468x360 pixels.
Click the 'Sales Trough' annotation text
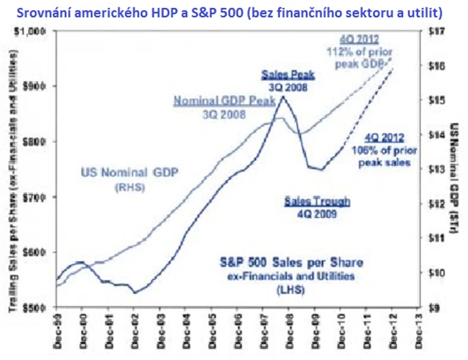point(317,200)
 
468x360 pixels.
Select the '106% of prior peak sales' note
point(384,150)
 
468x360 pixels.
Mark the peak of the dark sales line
point(284,96)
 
